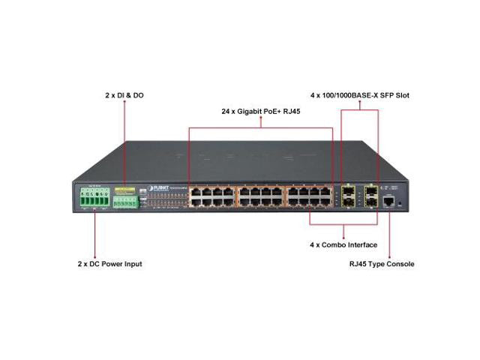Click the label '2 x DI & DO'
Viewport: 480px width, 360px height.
(124, 96)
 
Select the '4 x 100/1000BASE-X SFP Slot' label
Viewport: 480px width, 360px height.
(359, 96)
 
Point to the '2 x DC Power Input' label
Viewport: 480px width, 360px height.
(109, 264)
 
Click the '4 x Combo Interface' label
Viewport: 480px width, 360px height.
(344, 245)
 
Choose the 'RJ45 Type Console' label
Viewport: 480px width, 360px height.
(382, 264)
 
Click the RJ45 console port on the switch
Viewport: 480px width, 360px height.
(390, 200)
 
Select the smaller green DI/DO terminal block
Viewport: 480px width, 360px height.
(124, 202)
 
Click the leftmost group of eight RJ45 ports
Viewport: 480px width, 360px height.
(211, 196)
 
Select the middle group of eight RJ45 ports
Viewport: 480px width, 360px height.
(259, 196)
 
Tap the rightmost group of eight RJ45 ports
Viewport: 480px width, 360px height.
(308, 196)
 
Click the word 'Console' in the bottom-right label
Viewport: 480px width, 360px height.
(400, 264)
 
